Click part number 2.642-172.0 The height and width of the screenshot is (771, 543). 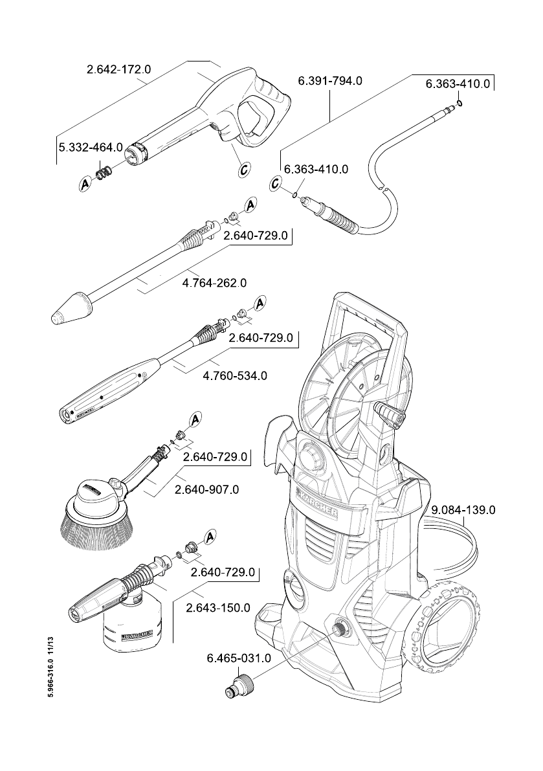(x=118, y=69)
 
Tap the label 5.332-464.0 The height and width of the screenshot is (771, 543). (x=91, y=147)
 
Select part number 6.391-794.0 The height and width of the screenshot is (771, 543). (x=330, y=81)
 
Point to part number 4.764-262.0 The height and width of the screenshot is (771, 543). (x=214, y=283)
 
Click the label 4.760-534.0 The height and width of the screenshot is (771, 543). (x=235, y=375)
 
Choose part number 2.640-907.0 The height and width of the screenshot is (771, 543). (x=207, y=490)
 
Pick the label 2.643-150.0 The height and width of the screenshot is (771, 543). (x=218, y=608)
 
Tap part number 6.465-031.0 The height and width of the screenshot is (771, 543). (x=238, y=658)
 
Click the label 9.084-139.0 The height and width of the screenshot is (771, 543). (x=463, y=510)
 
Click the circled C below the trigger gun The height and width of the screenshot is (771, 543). (x=244, y=170)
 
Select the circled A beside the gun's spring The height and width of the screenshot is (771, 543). (x=85, y=184)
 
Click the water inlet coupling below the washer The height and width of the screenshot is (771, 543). (x=238, y=684)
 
